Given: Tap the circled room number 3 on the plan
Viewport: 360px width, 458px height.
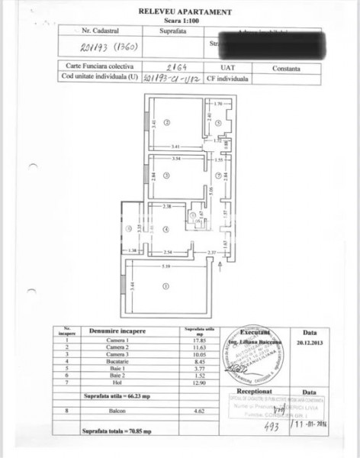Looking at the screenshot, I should coord(175,176).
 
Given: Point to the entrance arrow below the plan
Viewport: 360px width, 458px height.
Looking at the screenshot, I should coord(220,264).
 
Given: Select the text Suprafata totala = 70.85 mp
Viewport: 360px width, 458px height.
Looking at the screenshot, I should coord(118,431).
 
